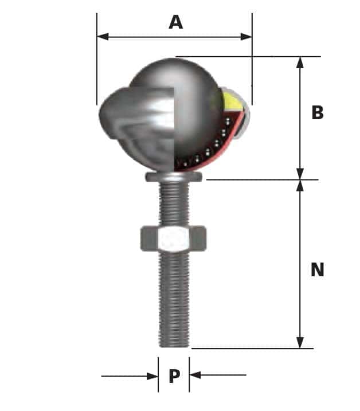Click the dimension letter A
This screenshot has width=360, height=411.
pos(175,22)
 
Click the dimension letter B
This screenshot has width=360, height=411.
pos(317,113)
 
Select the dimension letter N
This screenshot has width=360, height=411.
pos(317,269)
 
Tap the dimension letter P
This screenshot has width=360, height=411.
pos(174,376)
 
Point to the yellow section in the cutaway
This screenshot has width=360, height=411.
pos(232,103)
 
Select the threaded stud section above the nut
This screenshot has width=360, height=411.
pos(173,203)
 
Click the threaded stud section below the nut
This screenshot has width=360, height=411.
pos(173,292)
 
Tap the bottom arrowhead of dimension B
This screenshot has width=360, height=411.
pos(300,174)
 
